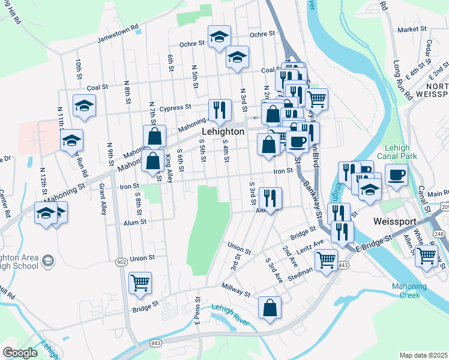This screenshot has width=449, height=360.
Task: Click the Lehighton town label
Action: pos(223,131)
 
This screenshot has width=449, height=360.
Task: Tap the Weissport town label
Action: pos(394,221)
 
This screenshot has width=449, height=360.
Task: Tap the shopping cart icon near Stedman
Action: pos(326,260)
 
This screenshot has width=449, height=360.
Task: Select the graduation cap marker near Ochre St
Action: pos(220,37)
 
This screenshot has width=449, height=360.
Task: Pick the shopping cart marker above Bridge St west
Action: pos(140,282)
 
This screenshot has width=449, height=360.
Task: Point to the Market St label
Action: pos(411,29)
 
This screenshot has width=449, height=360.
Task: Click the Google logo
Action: pos(20,353)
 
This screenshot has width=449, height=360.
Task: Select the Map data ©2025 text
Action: pos(423,355)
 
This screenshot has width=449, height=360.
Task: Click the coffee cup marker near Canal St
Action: pos(395,176)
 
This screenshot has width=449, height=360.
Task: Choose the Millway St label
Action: pos(235,290)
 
